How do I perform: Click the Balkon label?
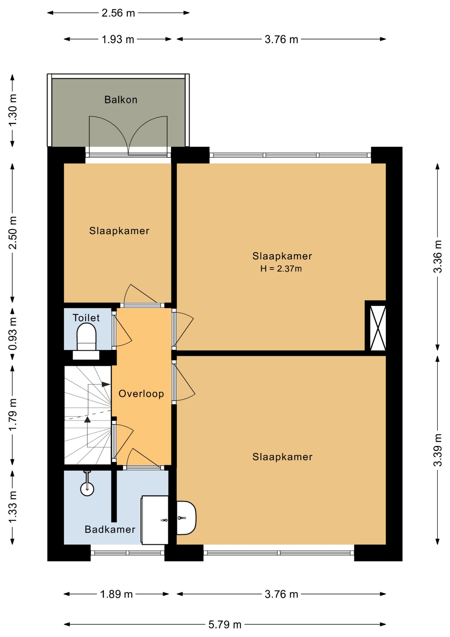tap(121, 100)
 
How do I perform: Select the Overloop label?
tap(141, 394)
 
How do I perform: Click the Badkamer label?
tap(110, 529)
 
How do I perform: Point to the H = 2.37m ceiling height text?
tap(281, 269)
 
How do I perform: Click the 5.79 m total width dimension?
tap(225, 624)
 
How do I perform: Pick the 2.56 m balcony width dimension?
tap(118, 13)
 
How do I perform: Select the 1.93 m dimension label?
tap(118, 39)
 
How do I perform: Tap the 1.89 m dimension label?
tap(116, 594)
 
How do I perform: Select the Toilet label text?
tap(86, 318)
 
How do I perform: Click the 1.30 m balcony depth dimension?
tap(12, 110)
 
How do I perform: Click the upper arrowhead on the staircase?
tap(106, 384)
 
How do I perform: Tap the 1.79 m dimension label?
tap(12, 415)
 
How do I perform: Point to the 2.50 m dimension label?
tap(12, 232)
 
